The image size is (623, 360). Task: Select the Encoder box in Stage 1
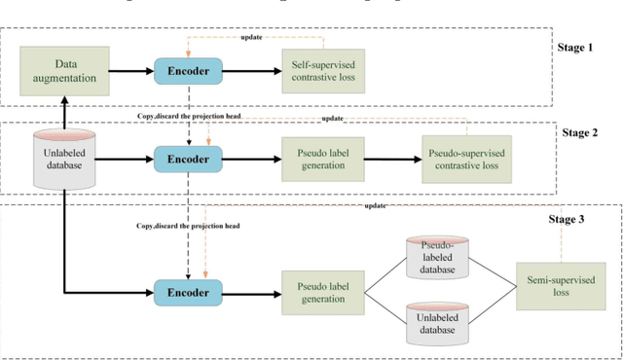(188, 70)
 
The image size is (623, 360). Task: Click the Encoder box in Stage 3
(188, 291)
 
